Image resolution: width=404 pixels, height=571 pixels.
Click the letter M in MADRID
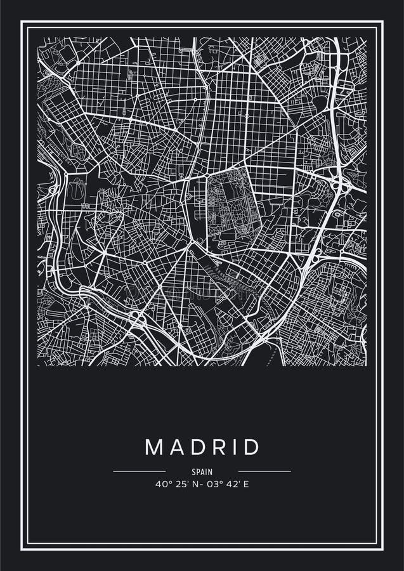tap(154, 447)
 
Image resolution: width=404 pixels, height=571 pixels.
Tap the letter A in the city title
tap(176, 447)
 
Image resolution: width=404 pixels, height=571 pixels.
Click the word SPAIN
tap(202, 472)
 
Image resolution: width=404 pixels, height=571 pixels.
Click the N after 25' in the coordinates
tap(192, 484)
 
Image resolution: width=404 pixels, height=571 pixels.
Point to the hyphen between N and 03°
tap(199, 484)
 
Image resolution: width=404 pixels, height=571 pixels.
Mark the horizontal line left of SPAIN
tap(139, 471)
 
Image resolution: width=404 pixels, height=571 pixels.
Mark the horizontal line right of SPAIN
tap(264, 471)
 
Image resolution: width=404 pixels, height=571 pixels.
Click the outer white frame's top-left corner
tap(22, 22)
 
